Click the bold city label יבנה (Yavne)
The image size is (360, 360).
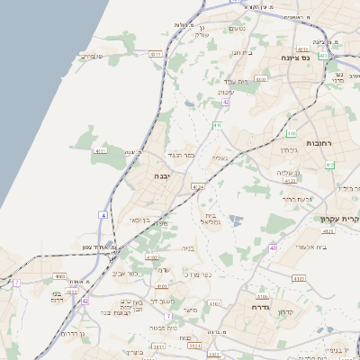[163, 176]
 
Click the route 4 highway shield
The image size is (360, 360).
[104, 216]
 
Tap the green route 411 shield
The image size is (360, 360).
[217, 124]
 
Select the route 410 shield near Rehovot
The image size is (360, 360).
[291, 133]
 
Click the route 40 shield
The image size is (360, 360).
[272, 247]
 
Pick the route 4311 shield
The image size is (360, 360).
[157, 55]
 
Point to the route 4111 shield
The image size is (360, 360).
[99, 151]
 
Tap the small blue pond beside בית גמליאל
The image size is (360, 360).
[235, 220]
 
